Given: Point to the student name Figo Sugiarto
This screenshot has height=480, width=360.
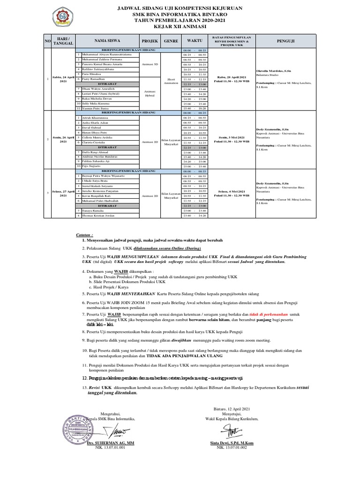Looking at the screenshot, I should pyautogui.click(x=92, y=165).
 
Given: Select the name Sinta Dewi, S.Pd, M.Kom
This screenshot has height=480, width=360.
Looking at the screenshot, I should pyautogui.click(x=232, y=443).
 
